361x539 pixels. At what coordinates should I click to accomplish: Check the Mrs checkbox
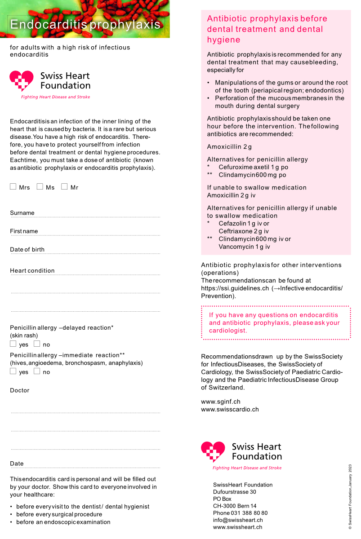(x=13, y=186)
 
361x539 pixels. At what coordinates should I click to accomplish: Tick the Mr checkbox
(x=64, y=186)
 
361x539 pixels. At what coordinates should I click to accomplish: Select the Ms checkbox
(x=40, y=186)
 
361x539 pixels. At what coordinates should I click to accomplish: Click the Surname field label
(x=22, y=213)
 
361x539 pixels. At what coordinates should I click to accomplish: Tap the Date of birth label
(x=27, y=250)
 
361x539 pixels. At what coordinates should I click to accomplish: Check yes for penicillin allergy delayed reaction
(x=13, y=344)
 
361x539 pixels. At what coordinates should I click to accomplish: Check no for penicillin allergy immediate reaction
(x=37, y=371)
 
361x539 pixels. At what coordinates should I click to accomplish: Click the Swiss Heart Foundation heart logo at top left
(x=22, y=81)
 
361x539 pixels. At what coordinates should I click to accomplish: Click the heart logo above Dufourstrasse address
(x=213, y=452)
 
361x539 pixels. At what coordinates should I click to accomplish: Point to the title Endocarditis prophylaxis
(x=85, y=24)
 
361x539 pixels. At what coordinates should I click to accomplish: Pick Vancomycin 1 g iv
(x=244, y=247)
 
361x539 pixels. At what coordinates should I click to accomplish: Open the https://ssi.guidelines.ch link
(x=235, y=288)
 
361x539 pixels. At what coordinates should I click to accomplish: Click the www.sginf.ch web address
(x=221, y=402)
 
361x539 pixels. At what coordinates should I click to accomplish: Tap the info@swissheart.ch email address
(x=238, y=520)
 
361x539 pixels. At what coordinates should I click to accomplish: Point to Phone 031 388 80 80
(x=240, y=513)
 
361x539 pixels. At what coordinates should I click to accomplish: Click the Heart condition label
(x=32, y=271)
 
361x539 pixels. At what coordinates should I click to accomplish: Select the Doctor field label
(x=20, y=390)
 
